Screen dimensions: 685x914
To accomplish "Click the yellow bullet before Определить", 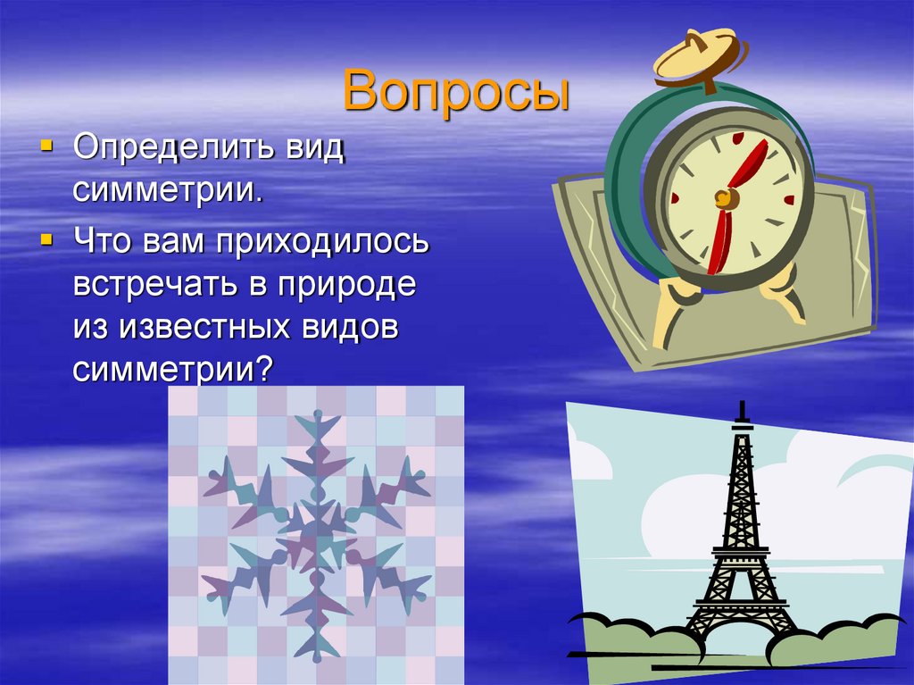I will point(47,146).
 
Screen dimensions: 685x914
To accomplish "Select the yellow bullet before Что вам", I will point(47,239).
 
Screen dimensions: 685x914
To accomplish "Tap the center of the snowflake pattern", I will point(316,532).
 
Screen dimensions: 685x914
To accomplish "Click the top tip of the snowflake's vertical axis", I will point(316,413).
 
